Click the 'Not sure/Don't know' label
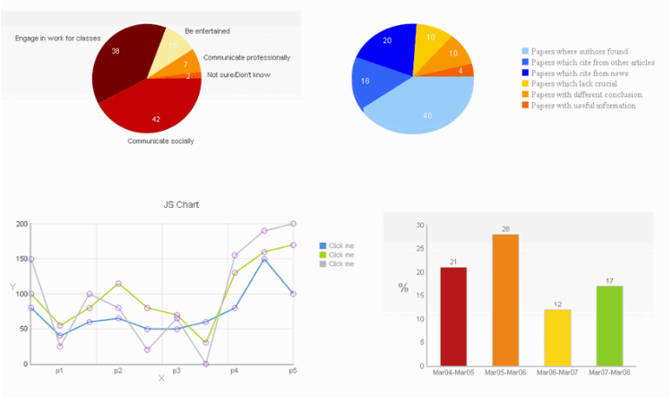pyautogui.click(x=238, y=74)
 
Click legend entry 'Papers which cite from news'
pyautogui.click(x=573, y=73)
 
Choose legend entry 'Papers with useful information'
pyautogui.click(x=583, y=106)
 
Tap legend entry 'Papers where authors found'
pyautogui.click(x=579, y=52)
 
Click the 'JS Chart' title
pyautogui.click(x=181, y=204)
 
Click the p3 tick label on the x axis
pyautogui.click(x=177, y=371)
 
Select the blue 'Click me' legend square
pyautogui.click(x=323, y=245)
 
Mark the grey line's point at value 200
pyautogui.click(x=293, y=224)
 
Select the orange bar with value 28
pyautogui.click(x=505, y=300)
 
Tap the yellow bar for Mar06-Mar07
pyautogui.click(x=557, y=338)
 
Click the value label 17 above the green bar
pyautogui.click(x=608, y=281)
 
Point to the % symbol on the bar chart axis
pyautogui.click(x=403, y=288)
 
